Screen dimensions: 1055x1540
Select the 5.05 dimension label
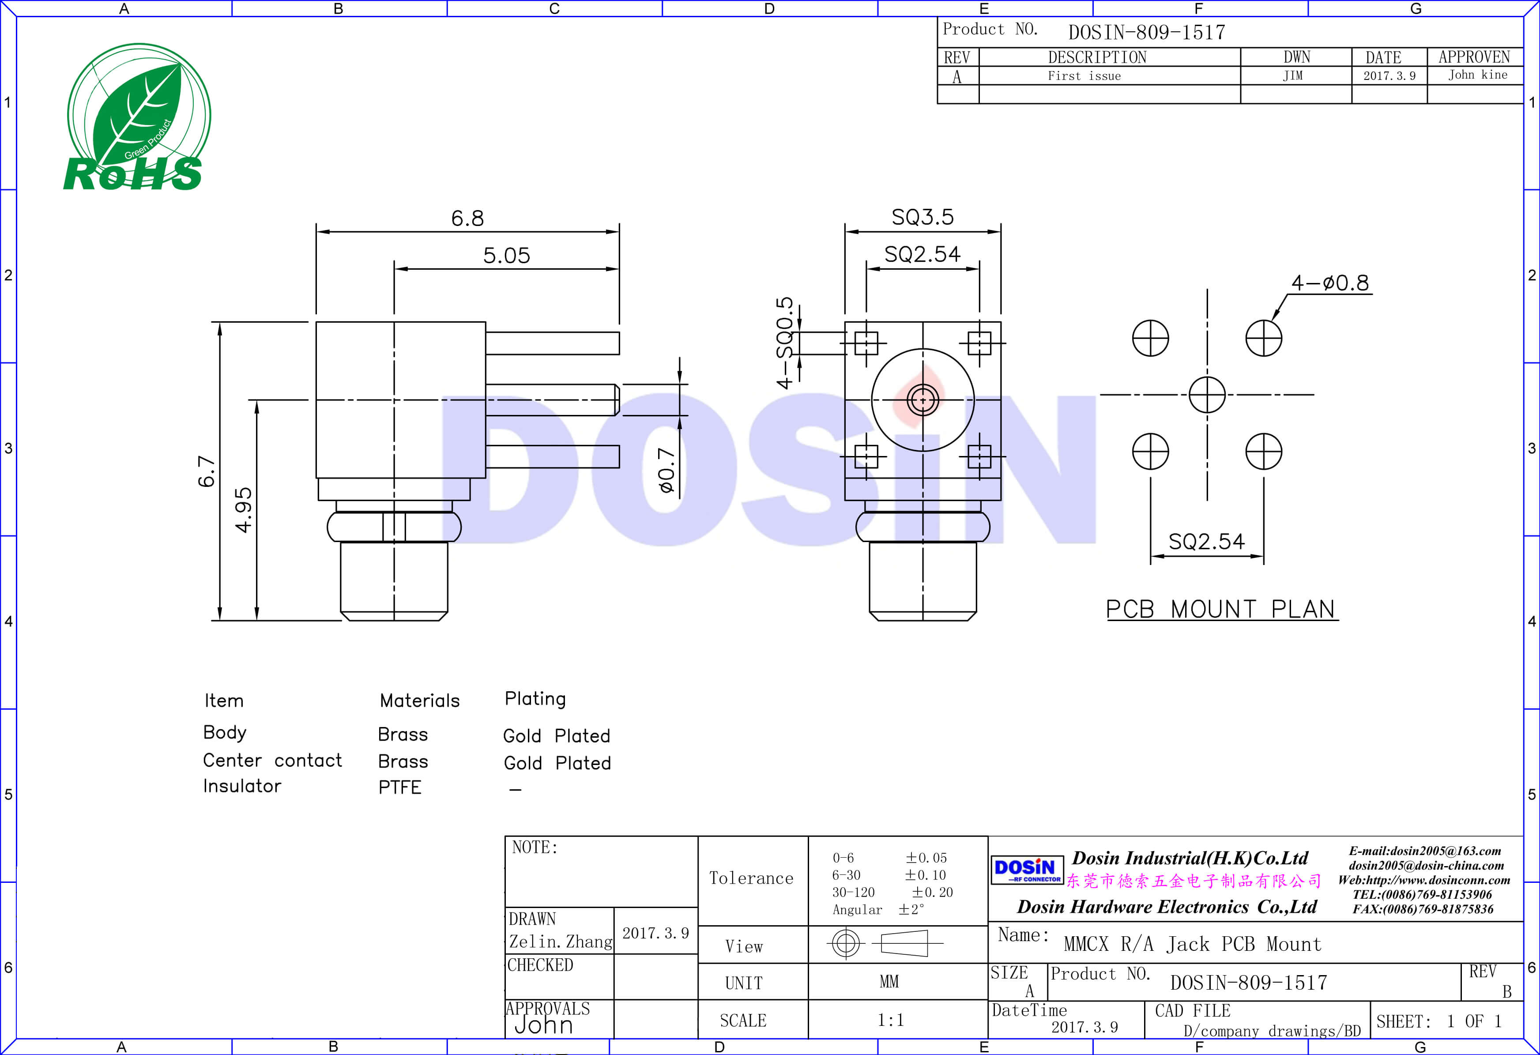click(506, 255)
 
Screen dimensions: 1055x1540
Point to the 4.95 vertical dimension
click(244, 509)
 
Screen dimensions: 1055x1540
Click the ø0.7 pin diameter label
click(666, 470)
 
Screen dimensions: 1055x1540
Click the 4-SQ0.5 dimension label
click(785, 343)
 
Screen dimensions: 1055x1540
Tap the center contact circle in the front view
click(922, 399)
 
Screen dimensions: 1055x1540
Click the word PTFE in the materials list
click(399, 787)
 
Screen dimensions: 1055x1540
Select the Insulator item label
click(242, 786)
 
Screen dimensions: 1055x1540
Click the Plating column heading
click(535, 698)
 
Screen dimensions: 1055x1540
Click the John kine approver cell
click(1477, 75)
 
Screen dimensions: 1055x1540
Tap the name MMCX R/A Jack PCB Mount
click(1191, 944)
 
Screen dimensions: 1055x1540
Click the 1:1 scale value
click(890, 1020)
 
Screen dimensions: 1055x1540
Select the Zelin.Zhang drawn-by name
click(560, 942)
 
